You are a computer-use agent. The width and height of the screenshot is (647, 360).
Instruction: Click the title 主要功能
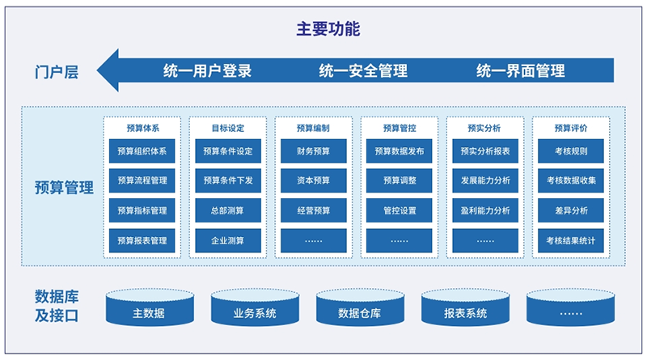click(328, 29)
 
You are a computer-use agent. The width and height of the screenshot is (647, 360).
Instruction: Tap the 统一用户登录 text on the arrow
click(207, 70)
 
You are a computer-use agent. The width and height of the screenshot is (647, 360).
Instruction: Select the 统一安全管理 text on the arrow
click(363, 70)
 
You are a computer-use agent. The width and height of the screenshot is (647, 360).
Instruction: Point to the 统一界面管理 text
click(520, 70)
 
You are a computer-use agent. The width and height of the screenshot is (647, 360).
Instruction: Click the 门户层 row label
click(57, 72)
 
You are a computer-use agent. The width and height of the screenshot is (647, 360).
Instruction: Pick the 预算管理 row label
click(64, 188)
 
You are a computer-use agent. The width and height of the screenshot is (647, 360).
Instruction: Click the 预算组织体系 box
click(142, 151)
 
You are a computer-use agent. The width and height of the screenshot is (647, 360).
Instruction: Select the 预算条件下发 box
click(228, 180)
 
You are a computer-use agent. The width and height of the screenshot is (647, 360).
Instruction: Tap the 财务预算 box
click(314, 151)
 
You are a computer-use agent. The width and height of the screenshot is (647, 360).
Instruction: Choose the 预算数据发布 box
click(399, 151)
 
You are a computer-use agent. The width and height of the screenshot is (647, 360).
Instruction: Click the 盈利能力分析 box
click(485, 210)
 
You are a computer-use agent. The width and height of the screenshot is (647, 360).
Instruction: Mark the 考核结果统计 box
click(571, 241)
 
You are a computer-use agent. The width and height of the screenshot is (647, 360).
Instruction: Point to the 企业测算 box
click(228, 241)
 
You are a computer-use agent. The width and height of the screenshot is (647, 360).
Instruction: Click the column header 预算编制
click(313, 128)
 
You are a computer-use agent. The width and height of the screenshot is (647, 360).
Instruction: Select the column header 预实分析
click(484, 128)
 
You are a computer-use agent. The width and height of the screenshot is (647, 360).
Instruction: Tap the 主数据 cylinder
click(150, 307)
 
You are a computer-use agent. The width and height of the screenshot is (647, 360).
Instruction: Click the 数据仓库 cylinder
click(360, 307)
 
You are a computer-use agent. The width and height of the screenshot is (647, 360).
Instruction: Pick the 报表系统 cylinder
click(466, 307)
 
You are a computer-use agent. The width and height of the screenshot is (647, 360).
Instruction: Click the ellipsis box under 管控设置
click(399, 241)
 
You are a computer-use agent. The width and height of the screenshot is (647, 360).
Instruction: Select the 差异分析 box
click(571, 210)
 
